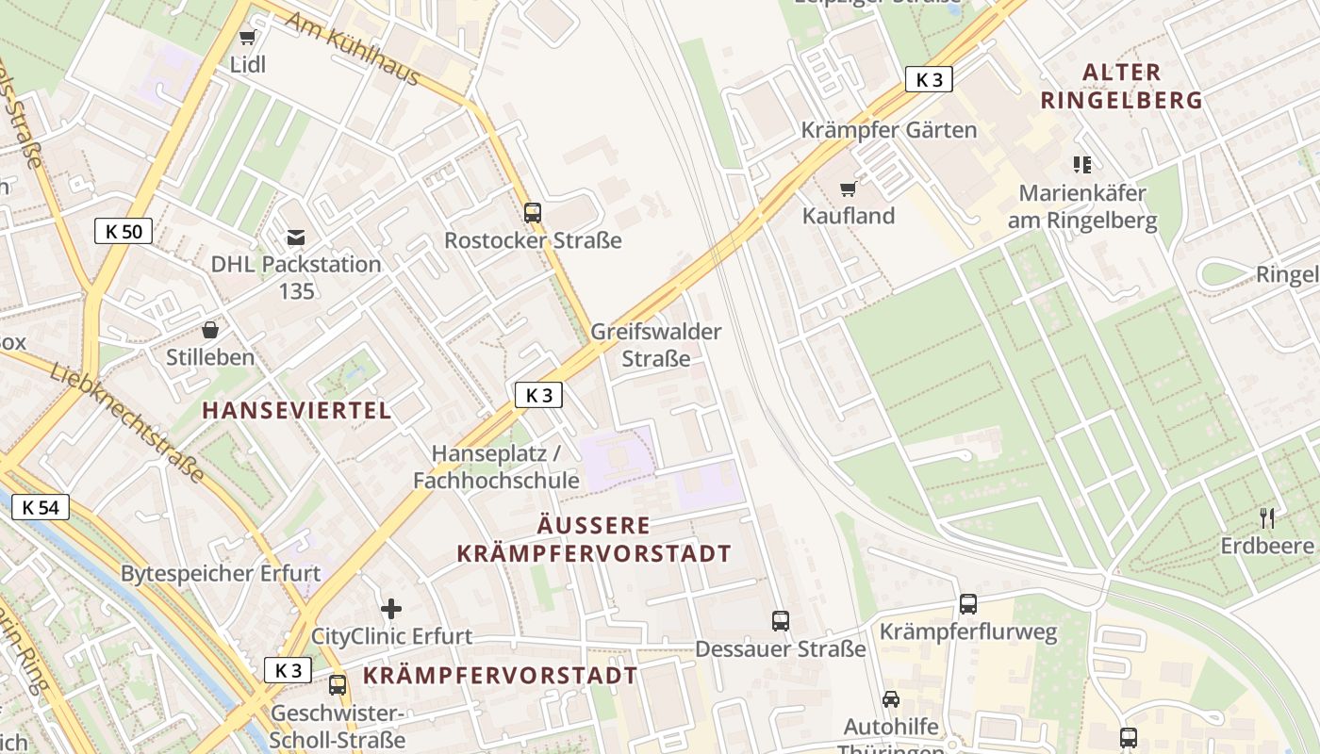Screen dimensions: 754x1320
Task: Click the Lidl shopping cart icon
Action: coord(247,38)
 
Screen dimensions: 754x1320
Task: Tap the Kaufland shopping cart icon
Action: coord(849,188)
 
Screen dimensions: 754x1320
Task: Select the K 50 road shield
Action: coord(124,230)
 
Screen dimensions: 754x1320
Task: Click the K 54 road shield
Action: coord(41,507)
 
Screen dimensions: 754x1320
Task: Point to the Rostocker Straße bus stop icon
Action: coord(533,213)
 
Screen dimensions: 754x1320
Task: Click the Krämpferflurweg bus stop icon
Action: coord(968,604)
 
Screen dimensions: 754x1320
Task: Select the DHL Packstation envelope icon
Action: coord(296,237)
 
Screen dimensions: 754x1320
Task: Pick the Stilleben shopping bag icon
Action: coord(209,330)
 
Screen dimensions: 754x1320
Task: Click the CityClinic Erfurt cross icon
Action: coord(391,609)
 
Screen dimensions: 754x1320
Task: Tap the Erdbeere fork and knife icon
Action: coord(1267,517)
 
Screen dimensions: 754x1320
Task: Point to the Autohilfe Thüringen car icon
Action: coord(890,699)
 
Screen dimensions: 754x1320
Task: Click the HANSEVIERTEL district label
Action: coord(297,410)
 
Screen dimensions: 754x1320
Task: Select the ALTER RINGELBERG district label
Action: coord(1121,86)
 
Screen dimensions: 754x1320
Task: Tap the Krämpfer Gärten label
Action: coord(889,130)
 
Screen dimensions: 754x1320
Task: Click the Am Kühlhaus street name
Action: coord(353,49)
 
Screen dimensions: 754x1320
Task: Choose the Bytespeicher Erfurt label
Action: coord(221,573)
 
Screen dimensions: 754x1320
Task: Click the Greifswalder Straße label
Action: coord(656,345)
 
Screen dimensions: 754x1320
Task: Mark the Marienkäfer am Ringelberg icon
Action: coord(1082,165)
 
